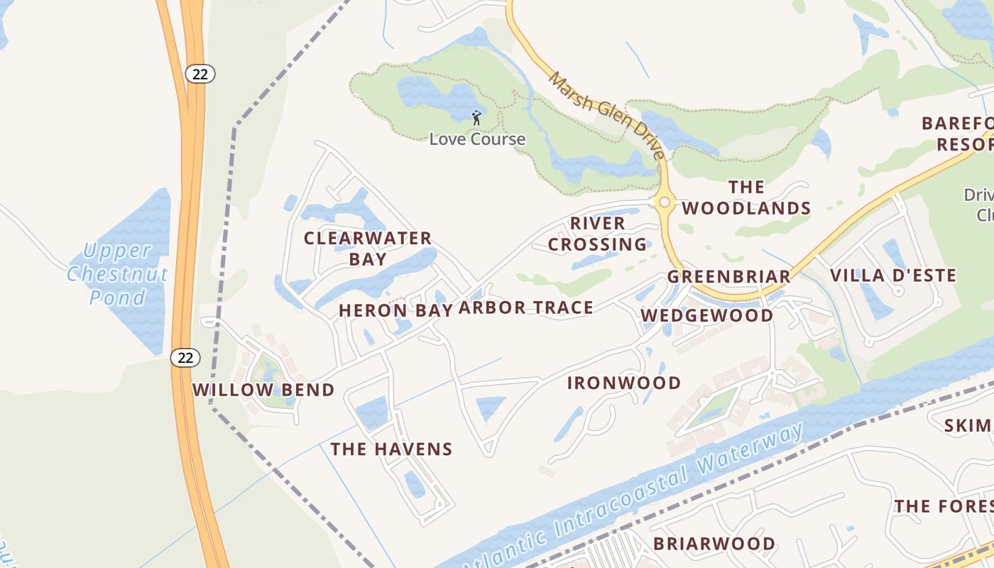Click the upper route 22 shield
(201, 73)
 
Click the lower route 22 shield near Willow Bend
(185, 358)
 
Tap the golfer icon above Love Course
(476, 117)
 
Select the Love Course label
(477, 139)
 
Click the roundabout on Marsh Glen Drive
(665, 202)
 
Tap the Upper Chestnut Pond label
(117, 273)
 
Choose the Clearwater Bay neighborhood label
(367, 248)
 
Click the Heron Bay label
(395, 310)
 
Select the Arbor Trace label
(525, 307)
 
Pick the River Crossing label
(597, 234)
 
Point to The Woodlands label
(746, 197)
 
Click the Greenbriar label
(728, 277)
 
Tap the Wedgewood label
(706, 315)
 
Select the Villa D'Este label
(893, 275)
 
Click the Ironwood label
(624, 383)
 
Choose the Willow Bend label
(263, 390)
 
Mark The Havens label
(391, 449)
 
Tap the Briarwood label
(714, 544)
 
